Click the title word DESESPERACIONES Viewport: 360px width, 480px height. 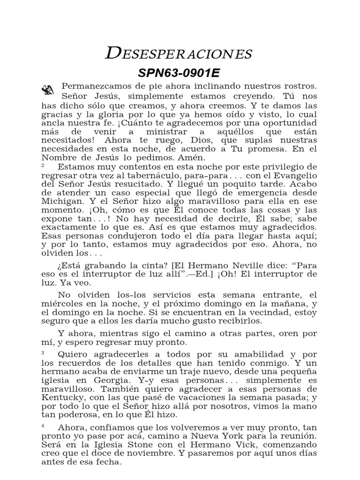pos(179,54)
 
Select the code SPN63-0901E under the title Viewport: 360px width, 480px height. pos(179,74)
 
